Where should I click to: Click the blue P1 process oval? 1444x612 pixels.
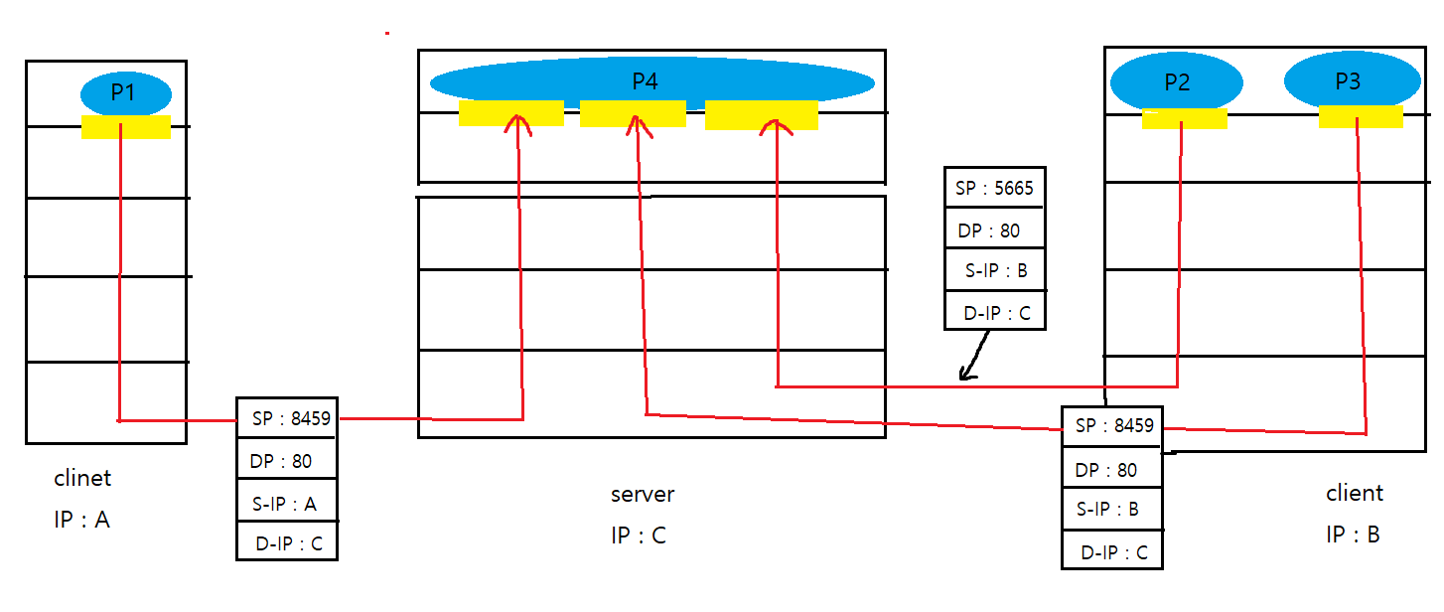126,94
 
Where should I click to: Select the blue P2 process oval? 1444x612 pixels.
1177,82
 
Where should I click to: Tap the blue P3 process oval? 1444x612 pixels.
1352,81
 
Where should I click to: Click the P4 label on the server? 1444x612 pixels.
646,81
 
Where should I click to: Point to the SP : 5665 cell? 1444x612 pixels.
994,189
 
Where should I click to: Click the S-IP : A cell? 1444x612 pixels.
287,504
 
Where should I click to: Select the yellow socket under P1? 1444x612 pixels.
126,127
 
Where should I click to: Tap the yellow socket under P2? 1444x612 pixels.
1184,119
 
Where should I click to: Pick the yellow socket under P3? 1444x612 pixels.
1361,117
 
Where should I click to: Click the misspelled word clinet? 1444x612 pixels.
82,478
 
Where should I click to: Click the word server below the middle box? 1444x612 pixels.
643,494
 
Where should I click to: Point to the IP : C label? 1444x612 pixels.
639,535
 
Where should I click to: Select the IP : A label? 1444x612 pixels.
81,519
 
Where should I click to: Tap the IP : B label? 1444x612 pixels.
1353,534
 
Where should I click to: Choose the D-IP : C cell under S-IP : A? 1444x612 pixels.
287,542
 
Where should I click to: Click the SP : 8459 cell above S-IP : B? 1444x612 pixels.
1112,426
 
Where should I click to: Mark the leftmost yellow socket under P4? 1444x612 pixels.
510,114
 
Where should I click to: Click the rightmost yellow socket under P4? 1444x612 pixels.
762,116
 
